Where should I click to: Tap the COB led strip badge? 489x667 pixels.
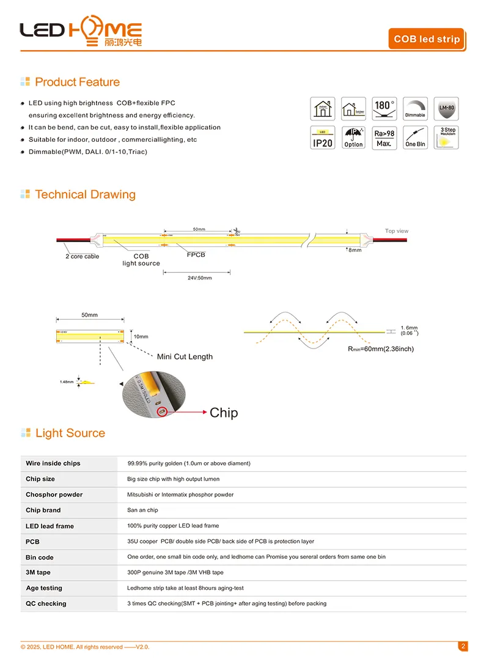[x=427, y=39]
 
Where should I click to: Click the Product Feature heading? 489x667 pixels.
[x=77, y=82]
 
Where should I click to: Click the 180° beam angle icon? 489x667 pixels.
[x=384, y=109]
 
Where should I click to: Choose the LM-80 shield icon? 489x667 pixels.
[x=446, y=109]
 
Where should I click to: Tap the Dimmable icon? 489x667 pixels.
[x=415, y=109]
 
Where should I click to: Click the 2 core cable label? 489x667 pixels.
[x=82, y=257]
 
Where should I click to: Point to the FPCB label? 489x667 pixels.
[x=196, y=254]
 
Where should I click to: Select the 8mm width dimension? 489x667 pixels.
[x=355, y=250]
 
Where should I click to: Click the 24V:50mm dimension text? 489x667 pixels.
[x=199, y=278]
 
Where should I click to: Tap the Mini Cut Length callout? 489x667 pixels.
[x=185, y=356]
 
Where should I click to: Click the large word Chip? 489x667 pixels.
[x=224, y=413]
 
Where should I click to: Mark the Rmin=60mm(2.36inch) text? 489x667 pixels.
[x=380, y=349]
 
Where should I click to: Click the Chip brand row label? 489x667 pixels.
[x=43, y=510]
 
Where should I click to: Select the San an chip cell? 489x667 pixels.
[x=142, y=510]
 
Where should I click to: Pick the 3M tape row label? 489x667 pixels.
[x=38, y=573]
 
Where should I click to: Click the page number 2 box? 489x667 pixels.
[x=463, y=646]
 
